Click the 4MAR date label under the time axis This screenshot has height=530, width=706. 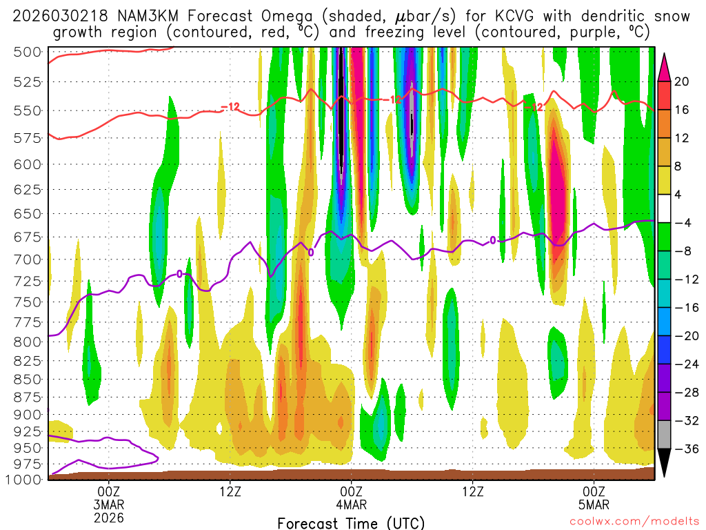352,504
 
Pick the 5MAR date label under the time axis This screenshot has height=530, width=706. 594,504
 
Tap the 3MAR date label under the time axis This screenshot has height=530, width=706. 109,504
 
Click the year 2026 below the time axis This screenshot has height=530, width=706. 109,517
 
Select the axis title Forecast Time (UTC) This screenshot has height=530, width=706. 351,522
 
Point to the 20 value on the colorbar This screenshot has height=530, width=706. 682,81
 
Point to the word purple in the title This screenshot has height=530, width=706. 586,32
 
